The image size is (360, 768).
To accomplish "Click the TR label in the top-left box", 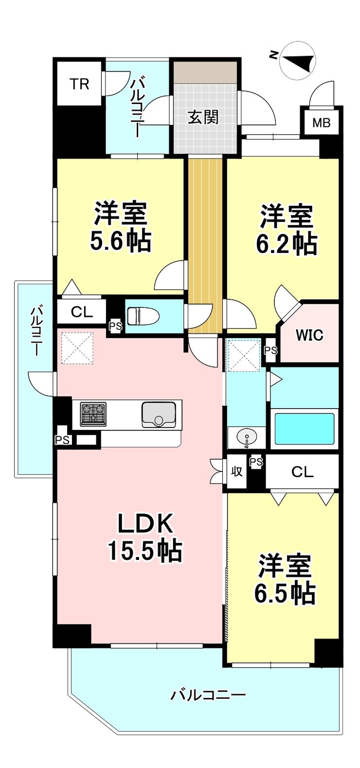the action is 80,84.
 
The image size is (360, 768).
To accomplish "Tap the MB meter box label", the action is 321,123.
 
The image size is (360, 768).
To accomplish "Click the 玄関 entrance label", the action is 203,118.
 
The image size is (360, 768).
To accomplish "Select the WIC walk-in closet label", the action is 309,335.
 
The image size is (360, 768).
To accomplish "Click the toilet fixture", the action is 143,316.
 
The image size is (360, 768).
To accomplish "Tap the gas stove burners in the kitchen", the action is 92,414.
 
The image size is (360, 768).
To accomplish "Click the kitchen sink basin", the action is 159,415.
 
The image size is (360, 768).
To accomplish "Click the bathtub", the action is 305,429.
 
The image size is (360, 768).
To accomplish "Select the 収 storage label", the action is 236,472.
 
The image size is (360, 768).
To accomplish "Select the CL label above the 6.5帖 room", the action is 303,472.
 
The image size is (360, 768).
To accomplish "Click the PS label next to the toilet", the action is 116,326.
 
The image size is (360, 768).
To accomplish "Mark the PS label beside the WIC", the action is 270,350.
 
